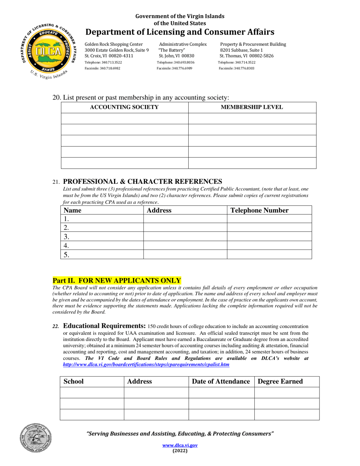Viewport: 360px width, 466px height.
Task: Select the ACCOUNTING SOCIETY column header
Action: click(x=124, y=107)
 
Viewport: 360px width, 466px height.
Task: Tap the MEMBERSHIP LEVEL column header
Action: click(x=252, y=107)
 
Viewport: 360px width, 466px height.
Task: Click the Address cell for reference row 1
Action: click(x=185, y=219)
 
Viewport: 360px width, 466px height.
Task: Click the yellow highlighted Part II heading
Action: click(x=116, y=281)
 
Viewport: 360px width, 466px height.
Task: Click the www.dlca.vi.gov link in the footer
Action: click(x=180, y=446)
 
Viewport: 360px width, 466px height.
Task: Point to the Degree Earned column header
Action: click(x=280, y=382)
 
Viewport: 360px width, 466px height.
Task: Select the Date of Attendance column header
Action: click(x=221, y=382)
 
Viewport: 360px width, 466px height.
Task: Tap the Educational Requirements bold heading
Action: click(x=104, y=326)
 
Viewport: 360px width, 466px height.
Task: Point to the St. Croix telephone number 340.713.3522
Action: click(x=103, y=62)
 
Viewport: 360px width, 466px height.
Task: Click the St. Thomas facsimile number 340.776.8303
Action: click(x=236, y=68)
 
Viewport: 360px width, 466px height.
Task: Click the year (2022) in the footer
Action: click(x=180, y=451)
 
